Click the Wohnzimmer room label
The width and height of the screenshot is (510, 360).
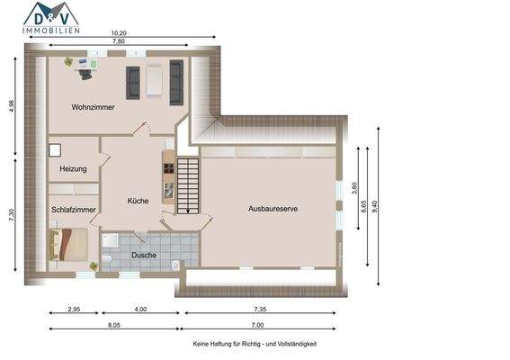tap(93, 107)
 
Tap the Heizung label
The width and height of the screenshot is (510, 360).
tap(73, 169)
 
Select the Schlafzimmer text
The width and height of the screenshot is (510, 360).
tap(74, 210)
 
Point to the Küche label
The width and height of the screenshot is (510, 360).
tap(138, 201)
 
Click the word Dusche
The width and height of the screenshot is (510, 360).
tap(144, 255)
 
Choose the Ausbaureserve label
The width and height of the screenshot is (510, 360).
tap(273, 209)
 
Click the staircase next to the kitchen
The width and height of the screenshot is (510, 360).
tap(188, 184)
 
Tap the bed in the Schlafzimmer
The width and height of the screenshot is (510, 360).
tap(68, 242)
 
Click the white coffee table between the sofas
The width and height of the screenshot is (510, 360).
tap(155, 82)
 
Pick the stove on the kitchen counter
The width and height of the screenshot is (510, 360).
tap(167, 166)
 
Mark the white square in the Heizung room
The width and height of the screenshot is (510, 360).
tap(56, 151)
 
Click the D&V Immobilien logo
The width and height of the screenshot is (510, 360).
tap(51, 18)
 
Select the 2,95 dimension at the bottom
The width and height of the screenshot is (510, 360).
tap(75, 310)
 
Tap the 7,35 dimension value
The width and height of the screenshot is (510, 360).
tap(258, 310)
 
